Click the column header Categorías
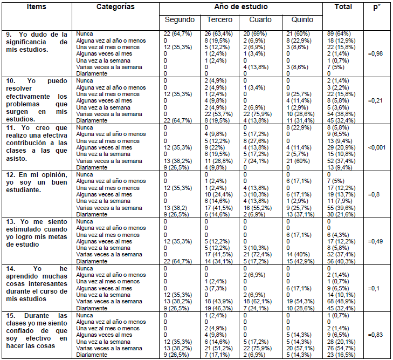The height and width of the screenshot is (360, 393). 115,7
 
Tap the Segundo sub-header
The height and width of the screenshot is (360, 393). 180,20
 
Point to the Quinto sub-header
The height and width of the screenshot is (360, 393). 302,20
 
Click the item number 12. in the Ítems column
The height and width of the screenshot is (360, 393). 11,175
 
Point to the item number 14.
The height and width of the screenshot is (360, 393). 11,268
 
